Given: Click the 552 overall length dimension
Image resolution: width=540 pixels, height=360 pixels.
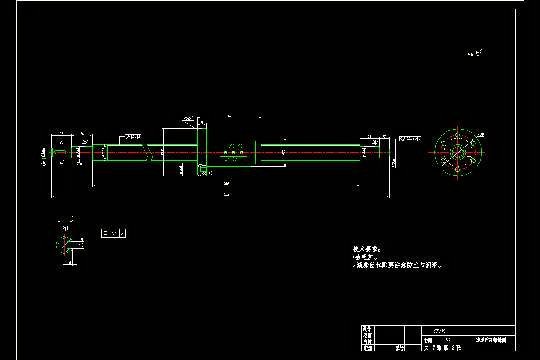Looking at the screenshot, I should pyautogui.click(x=227, y=194).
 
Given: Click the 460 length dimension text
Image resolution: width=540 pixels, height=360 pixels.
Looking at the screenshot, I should pyautogui.click(x=226, y=183).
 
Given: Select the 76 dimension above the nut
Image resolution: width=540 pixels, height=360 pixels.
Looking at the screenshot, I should pyautogui.click(x=229, y=116).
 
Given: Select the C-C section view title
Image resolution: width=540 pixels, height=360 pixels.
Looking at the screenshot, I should pyautogui.click(x=64, y=219).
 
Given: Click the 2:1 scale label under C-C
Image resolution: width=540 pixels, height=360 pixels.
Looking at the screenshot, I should pyautogui.click(x=66, y=229).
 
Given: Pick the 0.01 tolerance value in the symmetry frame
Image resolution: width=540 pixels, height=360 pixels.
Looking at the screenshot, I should pyautogui.click(x=115, y=234).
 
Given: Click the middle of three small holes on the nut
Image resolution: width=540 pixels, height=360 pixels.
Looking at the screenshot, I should pyautogui.click(x=234, y=153).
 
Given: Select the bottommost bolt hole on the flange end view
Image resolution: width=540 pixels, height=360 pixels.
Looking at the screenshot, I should pyautogui.click(x=458, y=170).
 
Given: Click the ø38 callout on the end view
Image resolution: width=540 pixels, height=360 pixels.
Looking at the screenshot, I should pyautogui.click(x=480, y=135).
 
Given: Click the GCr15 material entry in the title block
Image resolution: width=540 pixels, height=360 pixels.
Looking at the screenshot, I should pyautogui.click(x=440, y=330).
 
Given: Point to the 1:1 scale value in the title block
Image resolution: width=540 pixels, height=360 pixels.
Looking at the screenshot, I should pyautogui.click(x=447, y=340).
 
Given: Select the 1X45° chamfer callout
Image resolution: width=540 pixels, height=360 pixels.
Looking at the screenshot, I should pyautogui.click(x=188, y=118).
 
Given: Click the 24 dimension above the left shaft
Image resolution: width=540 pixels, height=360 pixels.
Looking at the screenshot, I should pyautogui.click(x=82, y=134).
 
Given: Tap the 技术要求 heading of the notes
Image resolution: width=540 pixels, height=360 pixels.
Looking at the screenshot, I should pyautogui.click(x=366, y=249).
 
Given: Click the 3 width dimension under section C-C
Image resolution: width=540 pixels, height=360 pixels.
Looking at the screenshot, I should pyautogui.click(x=70, y=261).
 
